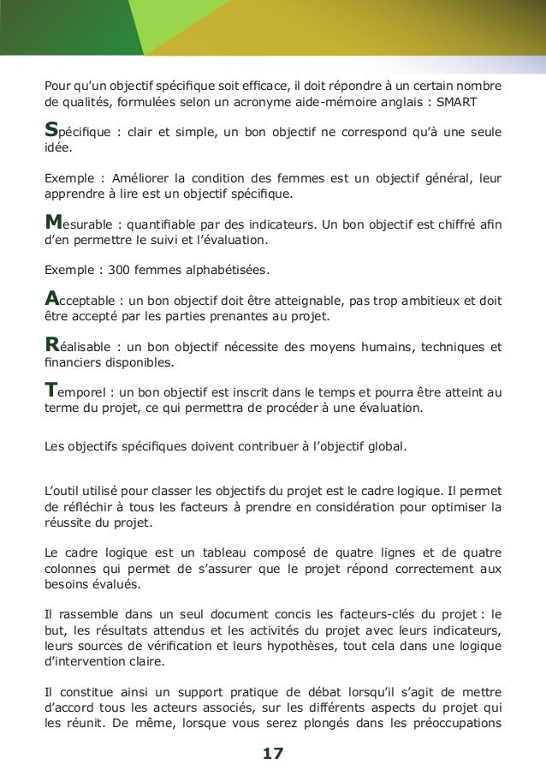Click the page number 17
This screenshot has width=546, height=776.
click(x=273, y=754)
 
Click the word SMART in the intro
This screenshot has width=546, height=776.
click(x=460, y=104)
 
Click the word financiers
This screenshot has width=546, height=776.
click(x=72, y=363)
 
